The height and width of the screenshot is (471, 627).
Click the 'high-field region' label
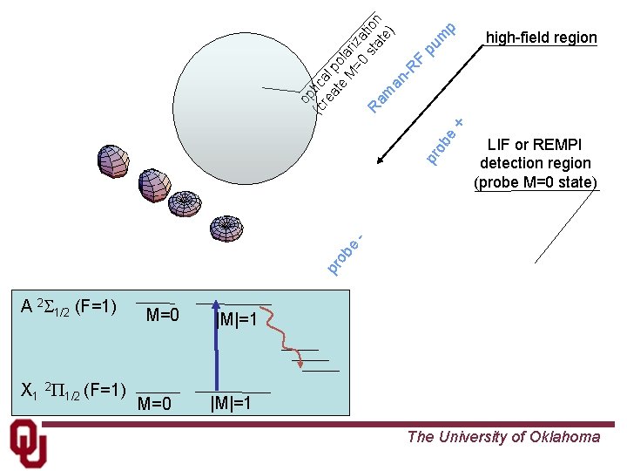(541, 38)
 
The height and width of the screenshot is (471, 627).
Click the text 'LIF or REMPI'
(535, 145)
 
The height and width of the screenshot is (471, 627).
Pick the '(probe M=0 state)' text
(535, 182)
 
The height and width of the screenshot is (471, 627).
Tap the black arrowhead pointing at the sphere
(381, 160)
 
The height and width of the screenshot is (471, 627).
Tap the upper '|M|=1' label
(237, 320)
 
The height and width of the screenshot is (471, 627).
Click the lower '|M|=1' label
(231, 403)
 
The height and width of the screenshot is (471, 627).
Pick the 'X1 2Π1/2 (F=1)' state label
(73, 390)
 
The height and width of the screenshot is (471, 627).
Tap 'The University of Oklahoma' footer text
(503, 437)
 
